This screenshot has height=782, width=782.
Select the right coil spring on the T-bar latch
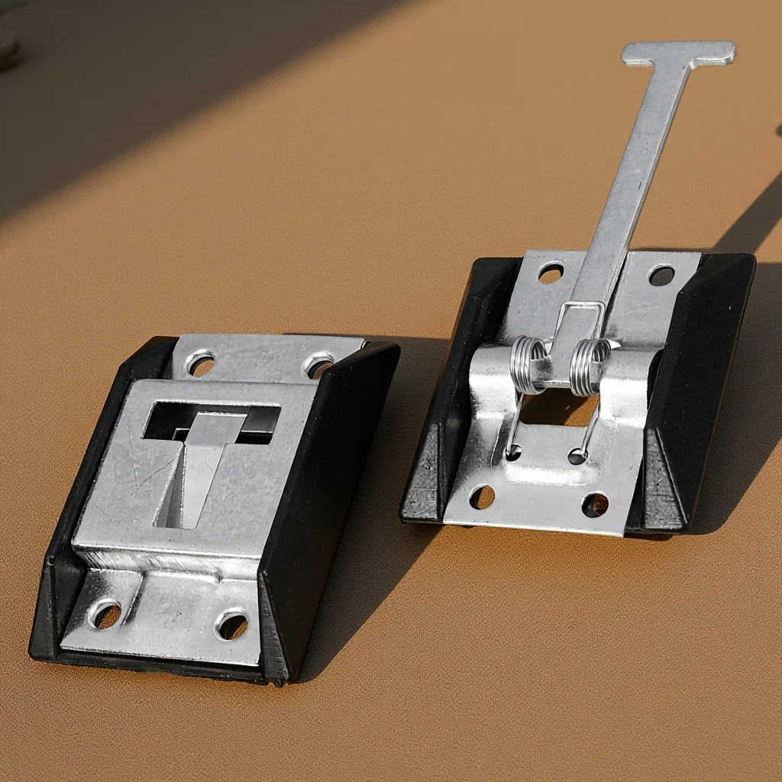[590, 366]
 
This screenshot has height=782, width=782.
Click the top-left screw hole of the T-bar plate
[551, 273]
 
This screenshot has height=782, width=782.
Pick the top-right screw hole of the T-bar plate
[661, 276]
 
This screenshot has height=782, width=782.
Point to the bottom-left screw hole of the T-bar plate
[481, 497]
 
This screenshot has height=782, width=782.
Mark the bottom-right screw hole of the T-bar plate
[595, 504]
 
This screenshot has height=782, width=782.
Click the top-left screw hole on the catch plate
[201, 364]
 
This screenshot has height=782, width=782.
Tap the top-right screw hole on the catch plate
[318, 366]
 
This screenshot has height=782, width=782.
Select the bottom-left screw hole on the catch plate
[106, 614]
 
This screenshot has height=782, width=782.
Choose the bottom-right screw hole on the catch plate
[232, 625]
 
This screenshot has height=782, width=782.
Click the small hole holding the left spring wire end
[512, 453]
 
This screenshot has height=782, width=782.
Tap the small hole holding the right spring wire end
[577, 457]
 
